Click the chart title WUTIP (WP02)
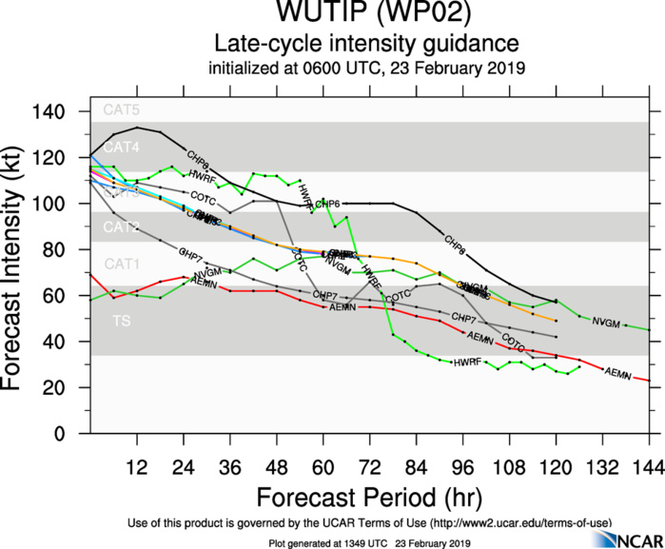click(x=365, y=15)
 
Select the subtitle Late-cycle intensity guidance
click(x=365, y=45)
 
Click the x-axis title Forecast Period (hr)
click(x=369, y=498)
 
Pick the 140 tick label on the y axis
click(x=58, y=112)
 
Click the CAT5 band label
click(x=121, y=110)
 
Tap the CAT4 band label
click(x=121, y=147)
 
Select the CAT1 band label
click(x=121, y=264)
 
